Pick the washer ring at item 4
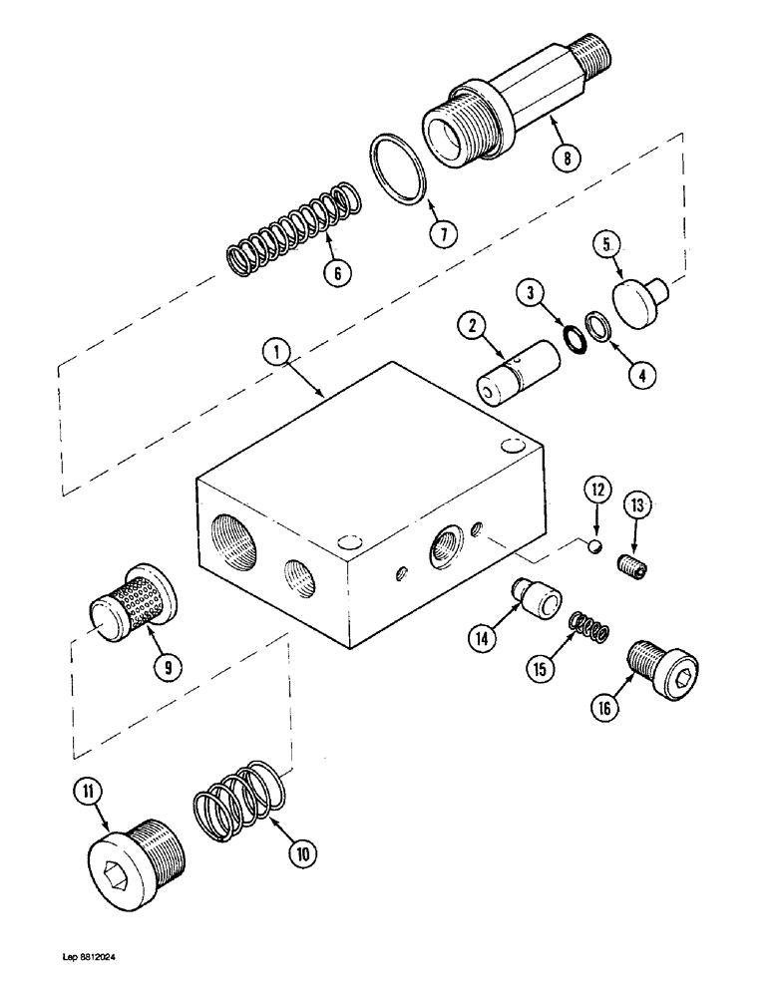pyautogui.click(x=597, y=325)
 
